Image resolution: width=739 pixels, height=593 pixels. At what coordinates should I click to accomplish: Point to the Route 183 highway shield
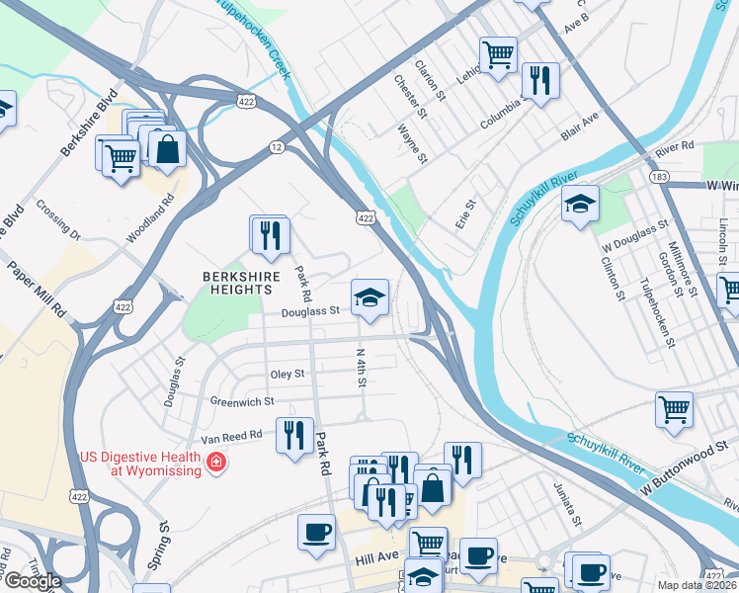click(660, 176)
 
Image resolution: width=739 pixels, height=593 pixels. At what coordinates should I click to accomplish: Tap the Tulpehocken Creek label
click(252, 39)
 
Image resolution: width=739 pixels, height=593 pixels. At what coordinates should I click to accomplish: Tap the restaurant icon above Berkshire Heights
click(269, 234)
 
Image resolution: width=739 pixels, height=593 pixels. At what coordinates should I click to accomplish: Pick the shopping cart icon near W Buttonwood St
click(674, 408)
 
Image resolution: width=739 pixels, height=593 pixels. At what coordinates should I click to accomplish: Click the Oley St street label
click(287, 375)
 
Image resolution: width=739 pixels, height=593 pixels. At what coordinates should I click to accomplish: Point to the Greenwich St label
click(242, 400)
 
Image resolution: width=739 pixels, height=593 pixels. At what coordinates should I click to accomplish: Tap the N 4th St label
click(362, 367)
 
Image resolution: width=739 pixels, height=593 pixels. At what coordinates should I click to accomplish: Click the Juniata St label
click(567, 502)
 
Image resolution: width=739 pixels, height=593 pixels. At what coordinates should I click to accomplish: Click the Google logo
click(33, 581)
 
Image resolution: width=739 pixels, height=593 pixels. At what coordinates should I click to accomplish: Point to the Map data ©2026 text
click(697, 585)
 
